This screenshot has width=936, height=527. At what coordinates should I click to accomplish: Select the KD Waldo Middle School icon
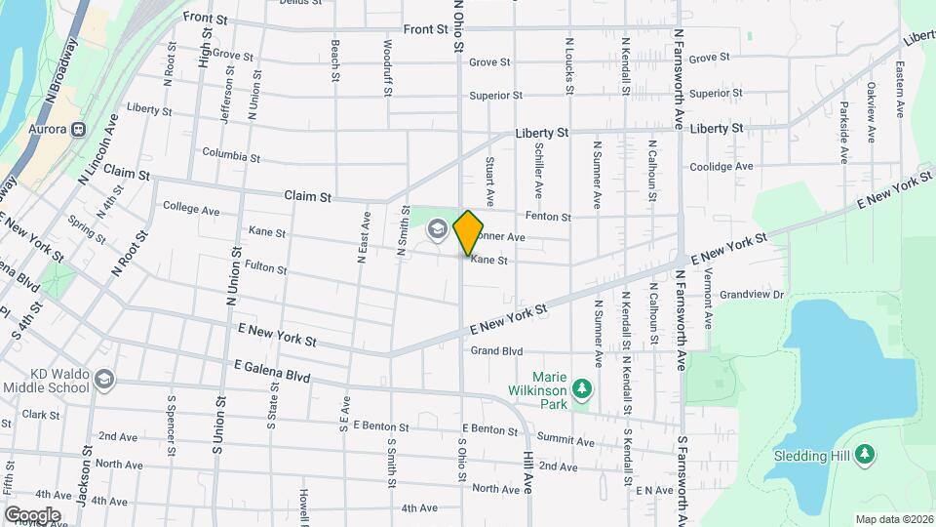[104, 379]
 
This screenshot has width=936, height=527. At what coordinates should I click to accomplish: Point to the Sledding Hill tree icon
[865, 455]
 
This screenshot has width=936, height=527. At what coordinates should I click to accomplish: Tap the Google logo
[32, 514]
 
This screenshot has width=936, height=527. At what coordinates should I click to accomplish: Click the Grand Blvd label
[497, 351]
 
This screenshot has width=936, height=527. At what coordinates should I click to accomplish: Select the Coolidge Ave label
[721, 167]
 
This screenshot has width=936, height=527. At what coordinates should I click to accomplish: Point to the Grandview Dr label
[753, 294]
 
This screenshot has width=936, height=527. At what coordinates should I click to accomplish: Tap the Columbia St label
[231, 155]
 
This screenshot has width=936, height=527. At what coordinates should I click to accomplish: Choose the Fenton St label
[548, 217]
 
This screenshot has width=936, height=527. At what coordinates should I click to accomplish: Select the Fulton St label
[265, 265]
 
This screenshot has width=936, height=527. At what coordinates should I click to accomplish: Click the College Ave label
[191, 208]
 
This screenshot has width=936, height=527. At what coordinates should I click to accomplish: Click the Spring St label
[87, 234]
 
